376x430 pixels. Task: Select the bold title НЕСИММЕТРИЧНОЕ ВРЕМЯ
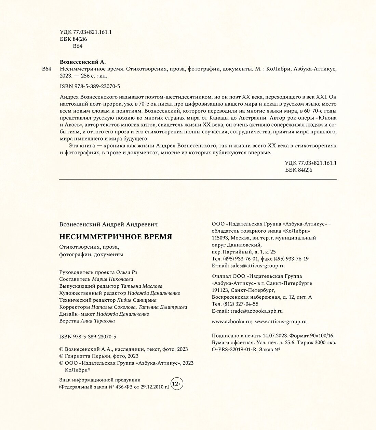[x=116, y=237]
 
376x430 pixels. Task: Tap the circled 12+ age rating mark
[x=177, y=384]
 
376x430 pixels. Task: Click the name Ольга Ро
[x=126, y=272]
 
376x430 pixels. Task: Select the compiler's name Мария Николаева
[x=112, y=279]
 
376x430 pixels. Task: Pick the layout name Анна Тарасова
[x=97, y=321]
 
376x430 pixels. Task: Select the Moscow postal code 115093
[x=220, y=238]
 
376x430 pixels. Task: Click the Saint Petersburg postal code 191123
[x=220, y=290]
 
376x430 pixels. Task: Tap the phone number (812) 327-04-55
[x=241, y=304]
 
